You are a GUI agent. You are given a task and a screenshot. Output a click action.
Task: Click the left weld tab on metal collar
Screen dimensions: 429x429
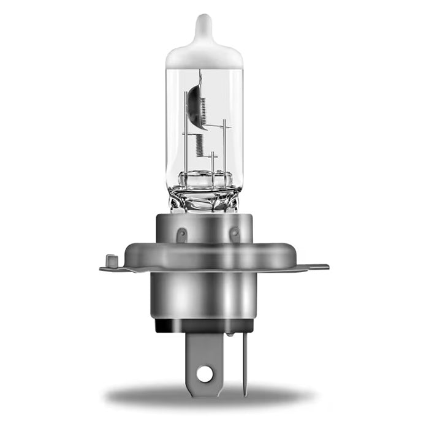pos(181,234)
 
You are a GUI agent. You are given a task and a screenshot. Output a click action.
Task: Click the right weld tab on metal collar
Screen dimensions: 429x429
pos(233,233)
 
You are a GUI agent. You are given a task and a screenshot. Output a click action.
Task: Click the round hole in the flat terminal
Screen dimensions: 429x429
pos(205,373)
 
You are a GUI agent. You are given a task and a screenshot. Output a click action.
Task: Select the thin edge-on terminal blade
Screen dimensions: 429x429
pos(246,362)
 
